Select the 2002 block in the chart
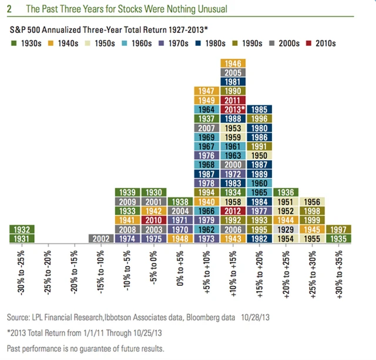click(102, 238)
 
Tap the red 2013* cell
click(234, 109)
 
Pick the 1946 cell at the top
click(234, 64)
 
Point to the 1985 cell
click(260, 109)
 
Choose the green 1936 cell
click(286, 192)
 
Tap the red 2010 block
click(155, 220)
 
